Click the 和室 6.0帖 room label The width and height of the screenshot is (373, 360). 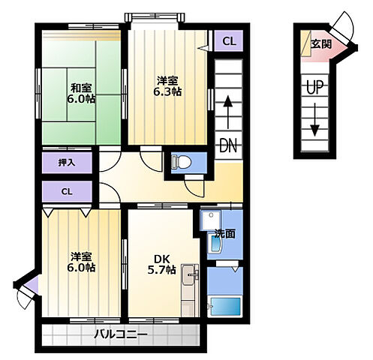[80, 94]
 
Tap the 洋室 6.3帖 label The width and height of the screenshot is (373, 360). [167, 86]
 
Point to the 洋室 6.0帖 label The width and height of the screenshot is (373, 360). [81, 262]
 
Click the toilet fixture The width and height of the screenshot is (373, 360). [182, 161]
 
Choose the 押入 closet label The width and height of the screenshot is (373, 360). [67, 163]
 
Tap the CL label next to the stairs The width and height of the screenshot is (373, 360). [229, 41]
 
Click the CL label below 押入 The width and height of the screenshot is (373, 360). [67, 192]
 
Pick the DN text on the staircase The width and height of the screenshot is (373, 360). [228, 145]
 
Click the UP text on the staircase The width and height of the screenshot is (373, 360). [314, 88]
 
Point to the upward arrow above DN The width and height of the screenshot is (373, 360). [228, 112]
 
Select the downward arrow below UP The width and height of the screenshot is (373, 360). [314, 120]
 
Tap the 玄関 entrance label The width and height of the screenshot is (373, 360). [321, 44]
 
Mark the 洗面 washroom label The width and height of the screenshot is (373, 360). [225, 233]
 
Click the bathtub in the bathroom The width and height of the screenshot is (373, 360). [226, 306]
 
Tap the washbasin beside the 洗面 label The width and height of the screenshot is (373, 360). [215, 244]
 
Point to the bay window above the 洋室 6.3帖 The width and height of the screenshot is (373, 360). [155, 17]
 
